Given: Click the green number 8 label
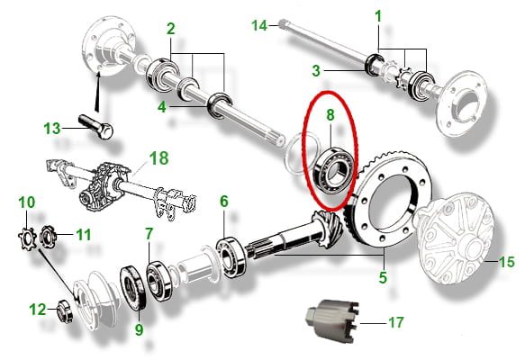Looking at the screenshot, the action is (330, 115).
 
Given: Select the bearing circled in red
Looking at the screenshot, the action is (334, 169).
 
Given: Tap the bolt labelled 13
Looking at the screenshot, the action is (96, 127).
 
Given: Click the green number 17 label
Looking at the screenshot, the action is (395, 322).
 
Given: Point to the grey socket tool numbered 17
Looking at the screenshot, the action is (332, 319).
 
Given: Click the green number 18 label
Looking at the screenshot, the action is (159, 157).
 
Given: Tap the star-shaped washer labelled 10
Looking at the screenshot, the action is (27, 238).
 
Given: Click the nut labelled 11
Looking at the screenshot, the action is (48, 236).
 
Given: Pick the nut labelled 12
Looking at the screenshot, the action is (65, 311).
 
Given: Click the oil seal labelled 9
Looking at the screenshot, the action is (133, 287).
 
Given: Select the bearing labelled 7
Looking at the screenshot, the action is (160, 282).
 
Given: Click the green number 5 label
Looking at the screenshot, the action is (383, 277).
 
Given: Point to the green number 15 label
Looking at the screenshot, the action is (507, 262).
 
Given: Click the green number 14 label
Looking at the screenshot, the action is (259, 25).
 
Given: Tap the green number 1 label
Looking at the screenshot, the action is (378, 16).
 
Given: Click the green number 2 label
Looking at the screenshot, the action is (171, 29).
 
